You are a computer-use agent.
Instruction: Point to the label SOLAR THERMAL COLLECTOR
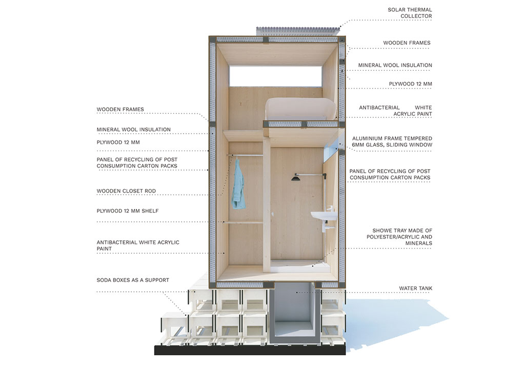point(410,13)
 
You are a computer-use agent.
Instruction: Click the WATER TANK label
point(415,288)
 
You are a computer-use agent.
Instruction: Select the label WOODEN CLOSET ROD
point(126,192)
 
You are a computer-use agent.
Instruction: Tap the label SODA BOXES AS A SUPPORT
point(133,280)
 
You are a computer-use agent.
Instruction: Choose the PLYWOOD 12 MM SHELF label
point(128,211)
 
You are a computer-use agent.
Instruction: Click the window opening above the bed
point(276,76)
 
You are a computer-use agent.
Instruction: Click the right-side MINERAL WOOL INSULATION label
point(395,66)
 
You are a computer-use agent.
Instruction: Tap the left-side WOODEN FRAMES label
point(120,110)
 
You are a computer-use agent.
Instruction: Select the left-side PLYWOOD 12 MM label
point(118,142)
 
